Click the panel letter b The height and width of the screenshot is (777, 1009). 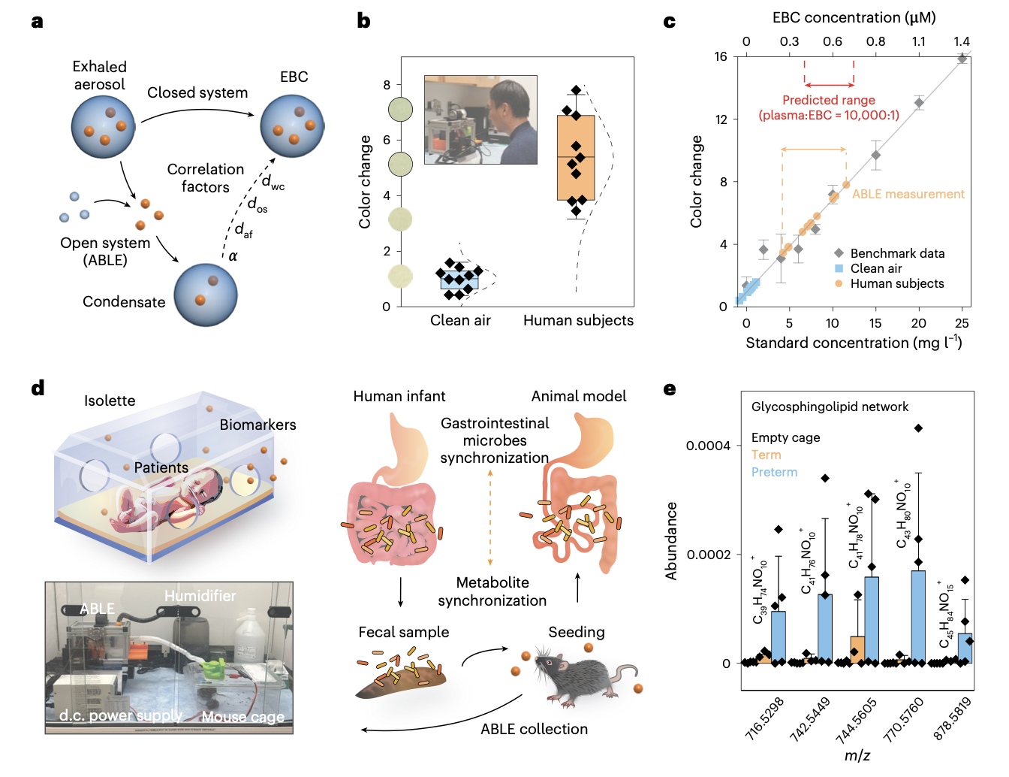[364, 21]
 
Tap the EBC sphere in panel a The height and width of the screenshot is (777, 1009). [292, 125]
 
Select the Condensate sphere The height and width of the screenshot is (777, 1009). [206, 295]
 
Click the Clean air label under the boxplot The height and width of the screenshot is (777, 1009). [460, 321]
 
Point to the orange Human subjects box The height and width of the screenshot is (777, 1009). [576, 157]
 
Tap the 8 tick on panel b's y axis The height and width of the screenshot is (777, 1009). [387, 85]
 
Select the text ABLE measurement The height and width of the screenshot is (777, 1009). [908, 194]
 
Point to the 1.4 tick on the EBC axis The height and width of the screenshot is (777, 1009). [962, 42]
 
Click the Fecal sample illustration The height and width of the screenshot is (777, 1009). [401, 677]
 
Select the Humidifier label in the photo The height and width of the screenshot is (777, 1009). [200, 596]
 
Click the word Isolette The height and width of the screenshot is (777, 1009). [110, 401]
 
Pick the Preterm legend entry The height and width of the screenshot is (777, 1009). [774, 473]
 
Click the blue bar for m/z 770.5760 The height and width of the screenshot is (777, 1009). [917, 617]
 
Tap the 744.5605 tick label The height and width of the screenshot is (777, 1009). [857, 719]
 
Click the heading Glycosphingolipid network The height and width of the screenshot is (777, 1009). [830, 407]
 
